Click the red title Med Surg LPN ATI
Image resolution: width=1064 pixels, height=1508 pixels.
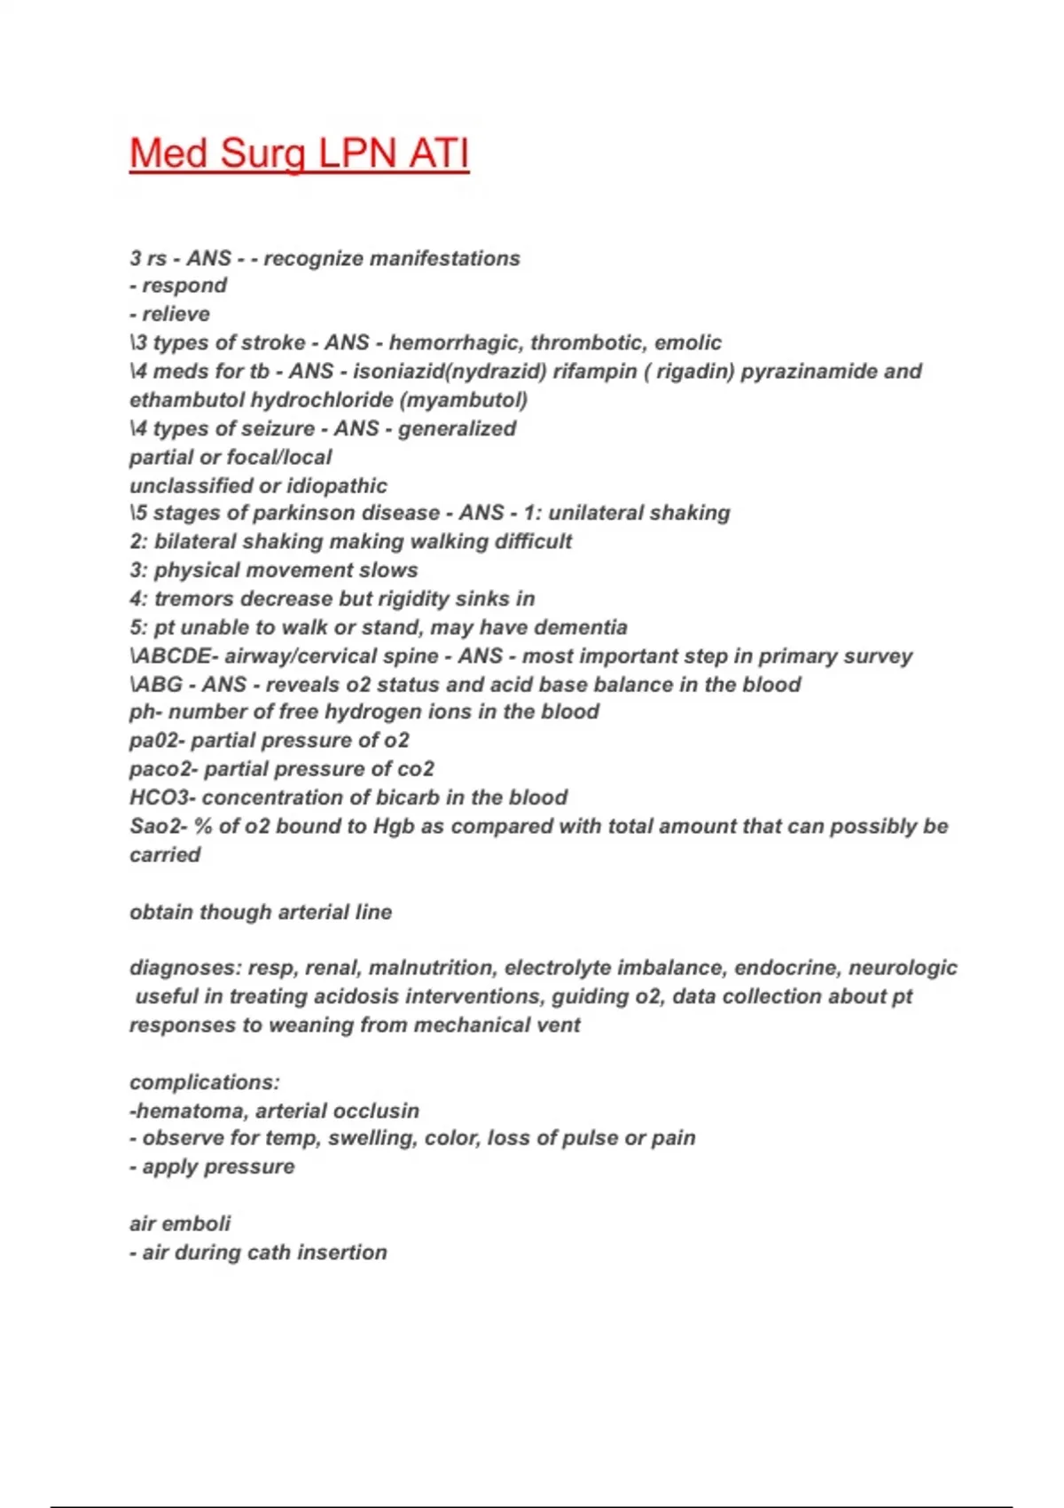click(x=299, y=153)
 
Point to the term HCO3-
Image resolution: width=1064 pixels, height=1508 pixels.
click(x=162, y=797)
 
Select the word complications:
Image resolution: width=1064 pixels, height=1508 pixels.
click(x=205, y=1082)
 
